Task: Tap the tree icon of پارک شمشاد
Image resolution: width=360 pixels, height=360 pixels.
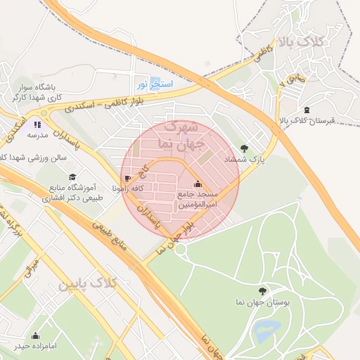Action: coord(244,148)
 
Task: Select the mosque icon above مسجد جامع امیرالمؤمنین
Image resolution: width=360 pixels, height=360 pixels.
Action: coord(197,184)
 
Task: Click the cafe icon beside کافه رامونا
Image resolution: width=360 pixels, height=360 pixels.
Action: coord(127,179)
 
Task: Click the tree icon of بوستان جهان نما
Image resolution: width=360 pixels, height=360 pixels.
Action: coord(262,290)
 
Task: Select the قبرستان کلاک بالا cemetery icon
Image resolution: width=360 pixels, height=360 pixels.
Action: coord(307,110)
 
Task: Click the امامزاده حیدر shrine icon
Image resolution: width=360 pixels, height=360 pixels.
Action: coord(35,335)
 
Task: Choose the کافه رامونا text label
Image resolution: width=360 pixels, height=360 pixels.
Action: coord(104,189)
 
